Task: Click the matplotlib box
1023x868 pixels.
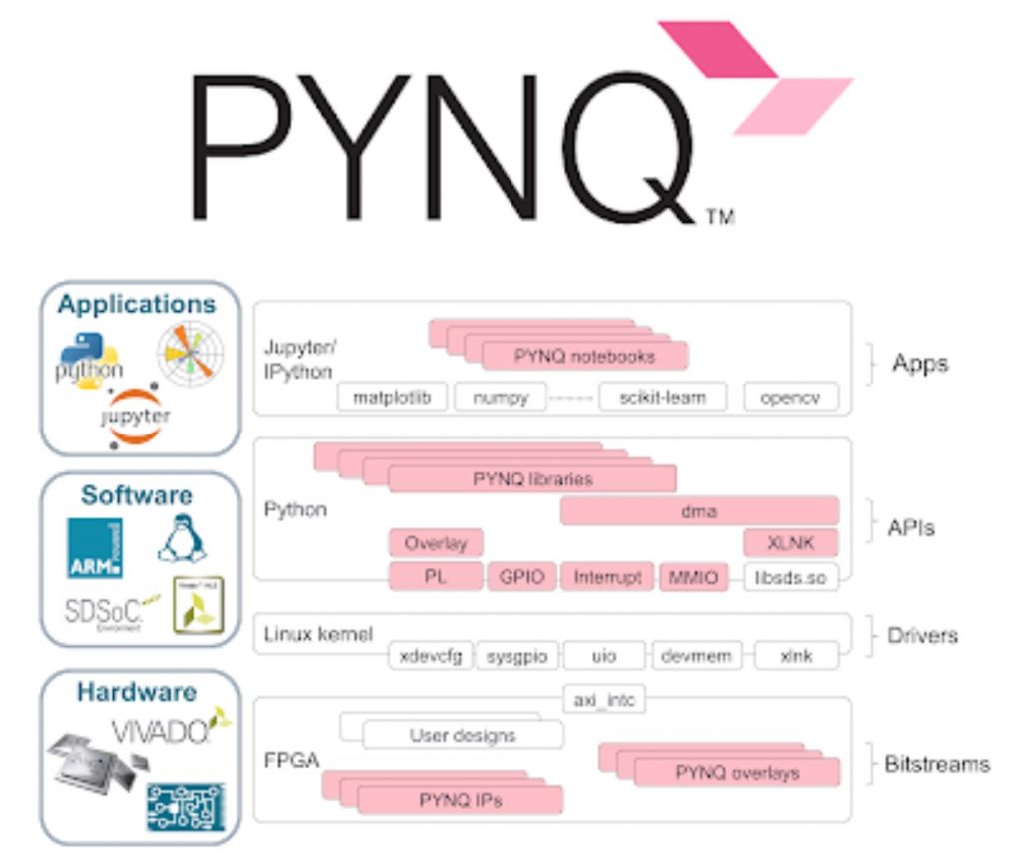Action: (392, 397)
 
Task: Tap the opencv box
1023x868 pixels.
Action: (790, 397)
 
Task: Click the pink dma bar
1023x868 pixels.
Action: (698, 511)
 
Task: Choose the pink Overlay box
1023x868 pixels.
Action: (436, 544)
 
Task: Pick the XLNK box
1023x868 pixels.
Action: (790, 544)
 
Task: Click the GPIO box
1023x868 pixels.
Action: (520, 577)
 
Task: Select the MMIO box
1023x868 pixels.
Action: (692, 577)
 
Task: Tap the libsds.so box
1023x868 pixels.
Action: (789, 577)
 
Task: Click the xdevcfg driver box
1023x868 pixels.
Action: (430, 656)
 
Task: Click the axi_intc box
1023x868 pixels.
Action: (603, 700)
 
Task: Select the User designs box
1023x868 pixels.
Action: (463, 735)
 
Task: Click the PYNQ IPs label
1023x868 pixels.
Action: (461, 800)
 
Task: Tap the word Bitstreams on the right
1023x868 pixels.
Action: (936, 765)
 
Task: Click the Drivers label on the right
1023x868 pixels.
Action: (921, 635)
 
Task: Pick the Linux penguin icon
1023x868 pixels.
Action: (182, 540)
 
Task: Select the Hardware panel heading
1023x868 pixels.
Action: (138, 692)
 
